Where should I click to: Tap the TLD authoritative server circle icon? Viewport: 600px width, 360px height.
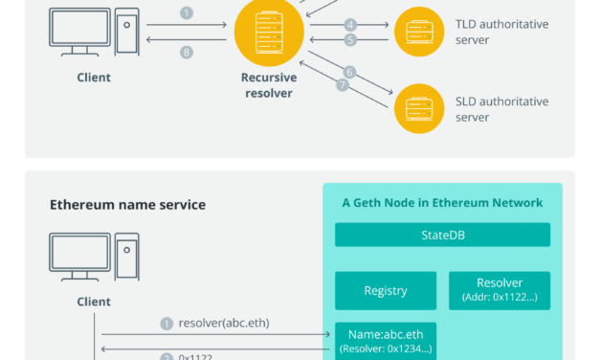click(422, 33)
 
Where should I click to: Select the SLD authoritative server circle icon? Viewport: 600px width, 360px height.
click(422, 108)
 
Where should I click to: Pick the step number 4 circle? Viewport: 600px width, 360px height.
click(351, 24)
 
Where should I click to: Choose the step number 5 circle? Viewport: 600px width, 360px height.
click(351, 40)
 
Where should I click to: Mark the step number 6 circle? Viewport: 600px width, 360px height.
click(349, 72)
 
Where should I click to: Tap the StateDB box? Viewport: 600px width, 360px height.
click(442, 235)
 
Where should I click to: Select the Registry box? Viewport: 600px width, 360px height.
click(386, 290)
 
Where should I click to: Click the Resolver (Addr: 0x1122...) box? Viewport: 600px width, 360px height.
click(500, 290)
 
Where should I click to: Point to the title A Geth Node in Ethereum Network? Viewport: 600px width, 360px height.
click(442, 203)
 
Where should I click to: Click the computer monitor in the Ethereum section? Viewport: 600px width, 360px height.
click(79, 253)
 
